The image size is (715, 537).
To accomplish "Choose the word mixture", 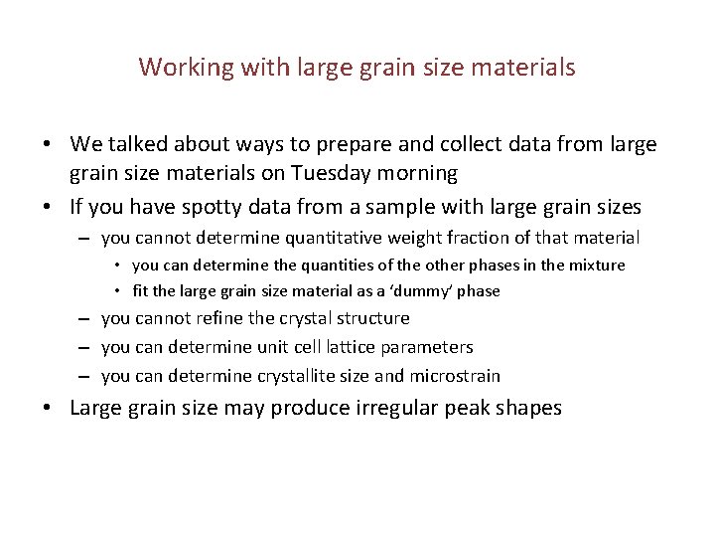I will pyautogui.click(x=595, y=266).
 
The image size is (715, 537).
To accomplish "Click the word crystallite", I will pyautogui.click(x=299, y=376).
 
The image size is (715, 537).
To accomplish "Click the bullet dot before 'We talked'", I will pyautogui.click(x=48, y=145).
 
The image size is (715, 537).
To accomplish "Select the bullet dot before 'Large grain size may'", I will pyautogui.click(x=48, y=409).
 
